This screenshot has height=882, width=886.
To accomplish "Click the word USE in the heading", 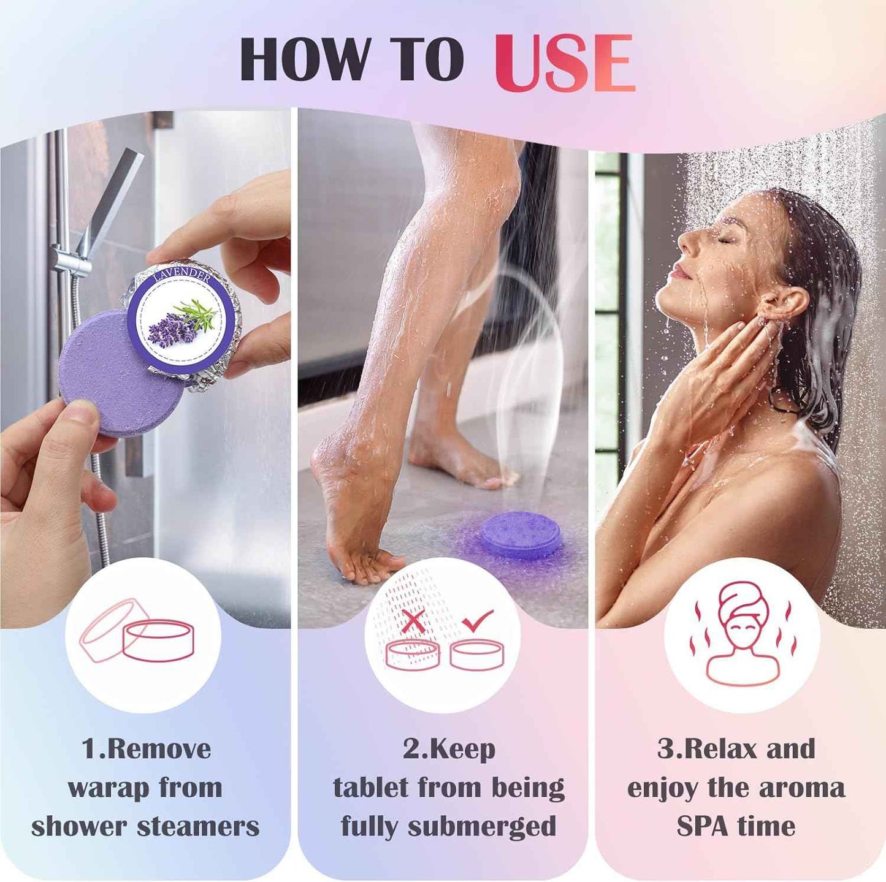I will point(564,62).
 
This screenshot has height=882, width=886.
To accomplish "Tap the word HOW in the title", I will point(305,59).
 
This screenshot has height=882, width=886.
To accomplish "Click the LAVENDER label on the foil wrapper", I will point(182,277).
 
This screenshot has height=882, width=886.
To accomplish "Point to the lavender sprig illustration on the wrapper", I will point(182,322).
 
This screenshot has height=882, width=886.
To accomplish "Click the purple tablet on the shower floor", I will point(520,534).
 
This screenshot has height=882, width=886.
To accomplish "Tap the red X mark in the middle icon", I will point(414,622).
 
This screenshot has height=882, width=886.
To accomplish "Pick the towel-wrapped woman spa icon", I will point(742,634).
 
